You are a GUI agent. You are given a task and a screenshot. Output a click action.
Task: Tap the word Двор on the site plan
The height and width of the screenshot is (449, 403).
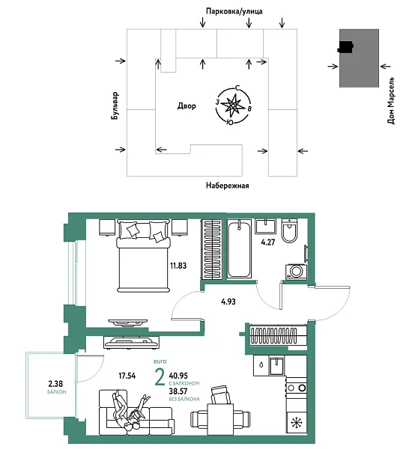pyautogui.click(x=187, y=106)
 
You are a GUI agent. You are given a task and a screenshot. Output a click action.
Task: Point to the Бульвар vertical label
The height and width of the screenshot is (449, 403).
pyautogui.click(x=115, y=106)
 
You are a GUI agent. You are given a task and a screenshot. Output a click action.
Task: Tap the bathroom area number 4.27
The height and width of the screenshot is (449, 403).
pyautogui.click(x=268, y=242)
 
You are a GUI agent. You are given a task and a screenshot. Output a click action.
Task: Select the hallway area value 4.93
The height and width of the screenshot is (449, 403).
pyautogui.click(x=228, y=301)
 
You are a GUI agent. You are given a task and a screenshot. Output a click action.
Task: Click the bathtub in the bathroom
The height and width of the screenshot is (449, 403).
pyautogui.click(x=242, y=248)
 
